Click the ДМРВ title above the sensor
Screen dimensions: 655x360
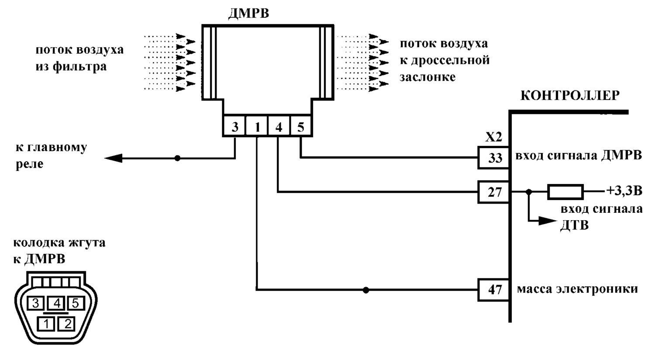pos(248,13)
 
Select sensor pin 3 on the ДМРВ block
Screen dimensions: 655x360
pos(234,127)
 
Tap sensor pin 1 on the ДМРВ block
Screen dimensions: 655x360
pos(257,127)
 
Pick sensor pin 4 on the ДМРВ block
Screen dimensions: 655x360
pos(279,127)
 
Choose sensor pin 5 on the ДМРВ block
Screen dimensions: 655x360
pos(301,127)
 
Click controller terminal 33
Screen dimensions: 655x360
pos(494,158)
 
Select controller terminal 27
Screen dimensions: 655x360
pos(494,192)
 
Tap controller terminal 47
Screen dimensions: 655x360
pos(494,290)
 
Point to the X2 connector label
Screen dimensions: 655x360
pos(493,137)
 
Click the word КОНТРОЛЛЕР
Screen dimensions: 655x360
pos(570,95)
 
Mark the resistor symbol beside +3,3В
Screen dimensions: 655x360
pos(565,192)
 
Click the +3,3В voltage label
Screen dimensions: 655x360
pos(624,190)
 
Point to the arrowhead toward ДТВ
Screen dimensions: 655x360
pos(547,221)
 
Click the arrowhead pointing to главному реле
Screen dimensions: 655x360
pos(114,158)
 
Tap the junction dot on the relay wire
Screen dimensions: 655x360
pos(177,158)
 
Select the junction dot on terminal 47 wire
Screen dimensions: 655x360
pos(366,290)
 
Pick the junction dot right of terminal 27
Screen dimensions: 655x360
pos(529,192)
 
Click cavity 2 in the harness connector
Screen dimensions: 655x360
pos(67,324)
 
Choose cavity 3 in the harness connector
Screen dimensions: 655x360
pos(36,303)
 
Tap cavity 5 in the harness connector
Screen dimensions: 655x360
pos(76,303)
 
